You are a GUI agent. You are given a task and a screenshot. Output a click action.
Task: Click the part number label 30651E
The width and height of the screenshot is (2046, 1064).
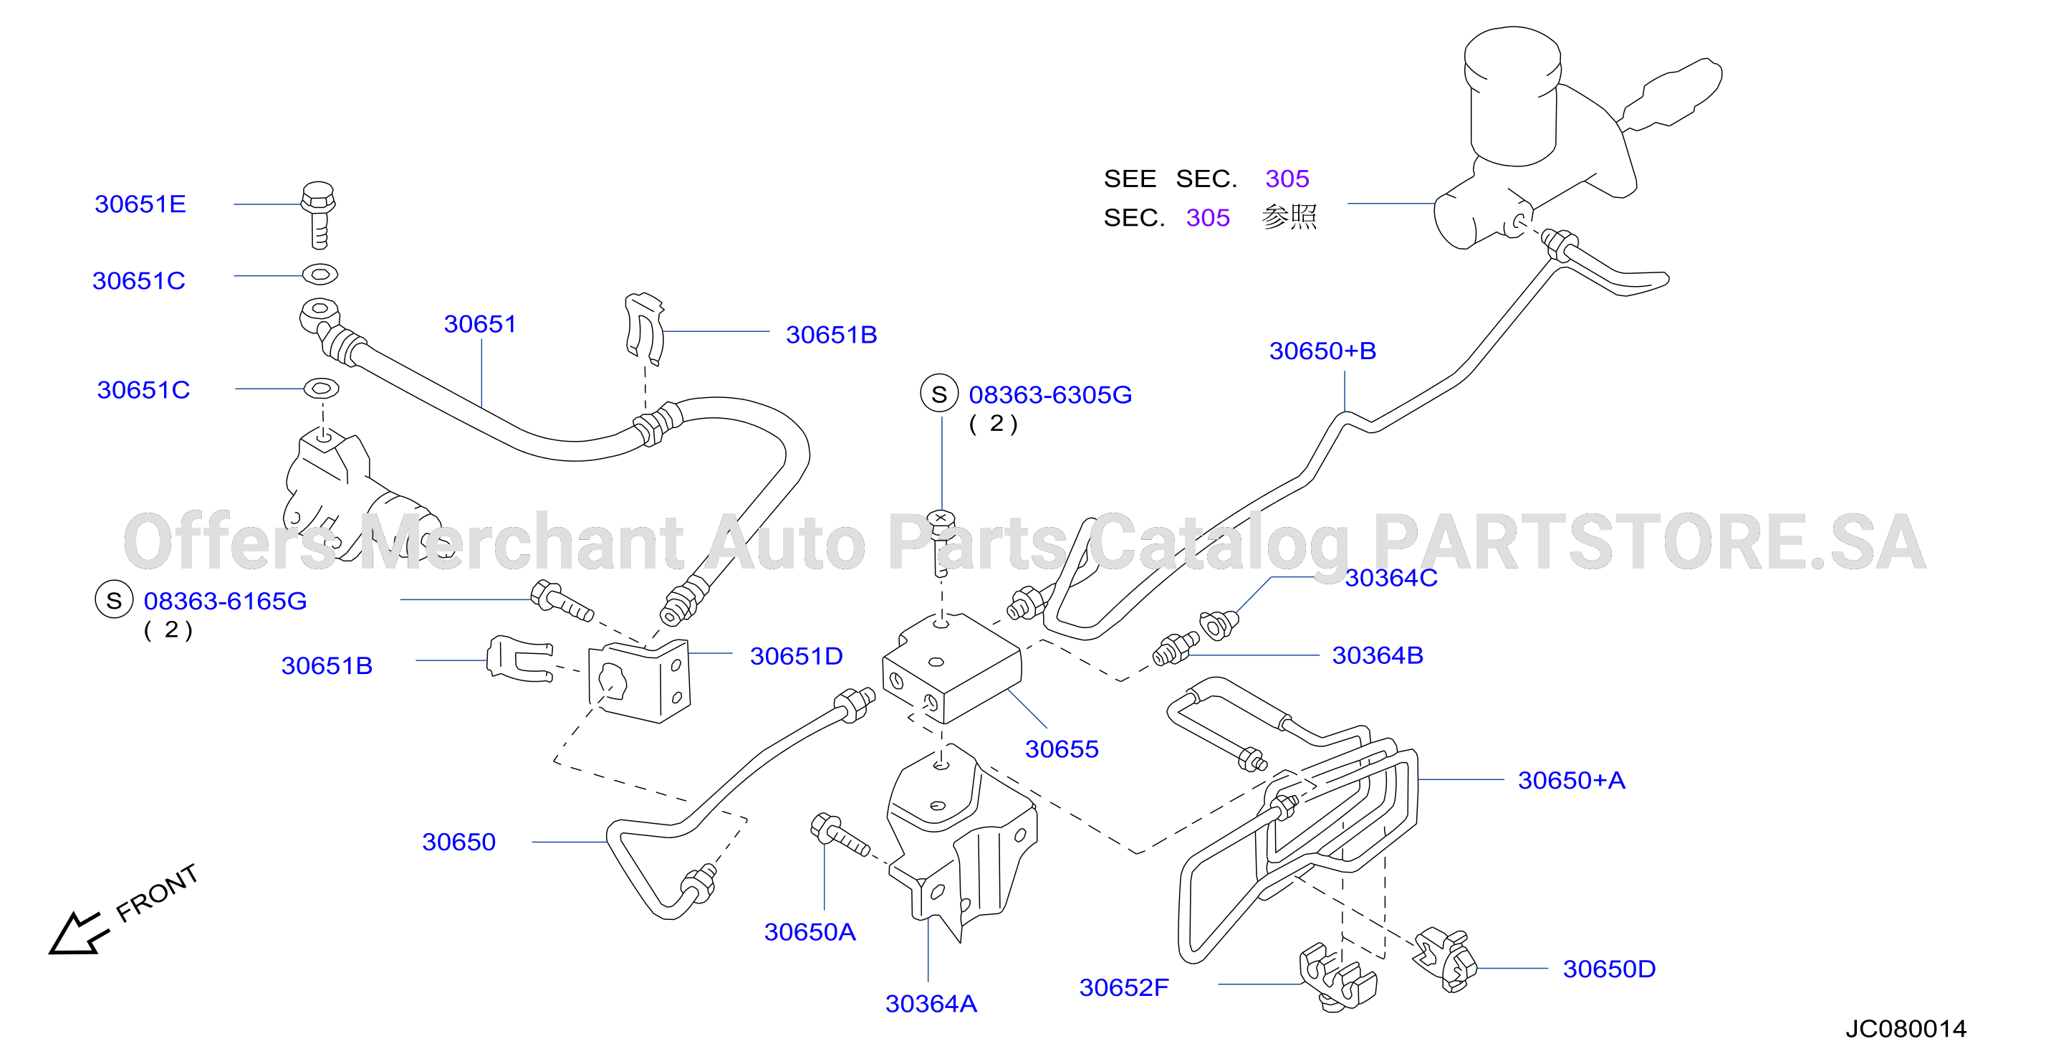pyautogui.click(x=140, y=204)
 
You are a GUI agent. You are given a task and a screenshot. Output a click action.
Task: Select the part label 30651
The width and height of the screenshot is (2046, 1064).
pyautogui.click(x=480, y=324)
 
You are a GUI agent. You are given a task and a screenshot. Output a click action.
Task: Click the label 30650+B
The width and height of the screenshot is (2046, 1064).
pyautogui.click(x=1322, y=351)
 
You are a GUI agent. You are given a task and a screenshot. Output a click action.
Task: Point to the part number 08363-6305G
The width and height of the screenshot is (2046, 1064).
pyautogui.click(x=1050, y=395)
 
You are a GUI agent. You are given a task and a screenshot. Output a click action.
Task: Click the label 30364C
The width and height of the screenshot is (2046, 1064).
pyautogui.click(x=1391, y=578)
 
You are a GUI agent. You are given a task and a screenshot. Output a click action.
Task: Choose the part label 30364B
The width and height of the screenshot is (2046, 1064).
pyautogui.click(x=1377, y=655)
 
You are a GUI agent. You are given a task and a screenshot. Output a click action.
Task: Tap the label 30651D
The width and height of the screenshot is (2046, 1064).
pyautogui.click(x=796, y=656)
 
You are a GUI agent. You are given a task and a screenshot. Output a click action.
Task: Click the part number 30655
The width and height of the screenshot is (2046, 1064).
pyautogui.click(x=1061, y=749)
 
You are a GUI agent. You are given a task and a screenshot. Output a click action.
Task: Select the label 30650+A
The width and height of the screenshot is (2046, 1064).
pyautogui.click(x=1571, y=780)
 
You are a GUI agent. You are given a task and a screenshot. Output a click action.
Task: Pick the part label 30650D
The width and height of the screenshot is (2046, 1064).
pyautogui.click(x=1609, y=969)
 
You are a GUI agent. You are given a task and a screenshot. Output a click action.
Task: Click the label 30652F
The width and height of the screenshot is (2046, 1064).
pyautogui.click(x=1124, y=988)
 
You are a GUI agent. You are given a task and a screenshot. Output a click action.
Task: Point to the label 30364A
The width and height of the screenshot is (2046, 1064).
pyautogui.click(x=931, y=1004)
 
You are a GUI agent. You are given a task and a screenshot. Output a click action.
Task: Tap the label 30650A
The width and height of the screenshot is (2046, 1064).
pyautogui.click(x=810, y=932)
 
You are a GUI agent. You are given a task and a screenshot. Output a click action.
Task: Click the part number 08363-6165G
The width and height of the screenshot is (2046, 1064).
pyautogui.click(x=225, y=602)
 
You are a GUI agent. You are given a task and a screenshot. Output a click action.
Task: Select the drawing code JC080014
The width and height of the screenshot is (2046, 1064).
pyautogui.click(x=1906, y=1029)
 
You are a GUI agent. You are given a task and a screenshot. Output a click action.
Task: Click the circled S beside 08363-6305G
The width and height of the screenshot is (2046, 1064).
pyautogui.click(x=938, y=394)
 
